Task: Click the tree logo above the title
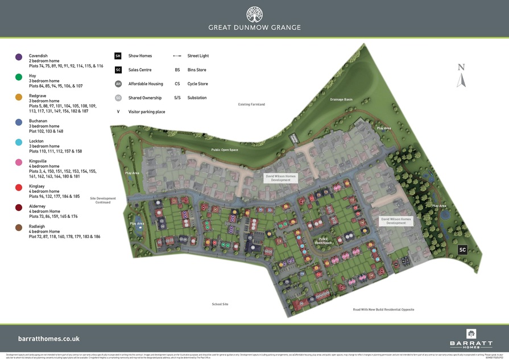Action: click(x=254, y=14)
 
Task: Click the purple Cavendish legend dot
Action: click(x=19, y=57)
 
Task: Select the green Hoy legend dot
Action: click(x=19, y=77)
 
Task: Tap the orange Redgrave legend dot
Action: click(x=19, y=97)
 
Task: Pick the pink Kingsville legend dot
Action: click(x=19, y=162)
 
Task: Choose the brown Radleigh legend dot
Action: click(x=19, y=227)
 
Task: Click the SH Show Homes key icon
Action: click(x=118, y=56)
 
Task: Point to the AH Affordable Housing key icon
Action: click(x=118, y=84)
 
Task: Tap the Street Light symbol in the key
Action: click(x=177, y=56)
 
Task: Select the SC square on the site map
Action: click(x=462, y=250)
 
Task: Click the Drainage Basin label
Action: click(x=341, y=100)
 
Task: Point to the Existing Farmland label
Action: click(x=251, y=105)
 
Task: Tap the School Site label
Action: click(x=220, y=304)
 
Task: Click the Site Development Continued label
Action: click(x=103, y=200)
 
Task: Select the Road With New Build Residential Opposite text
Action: click(x=383, y=309)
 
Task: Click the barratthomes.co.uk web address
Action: click(x=49, y=338)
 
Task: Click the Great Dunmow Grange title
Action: click(x=254, y=27)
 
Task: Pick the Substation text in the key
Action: click(x=197, y=98)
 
